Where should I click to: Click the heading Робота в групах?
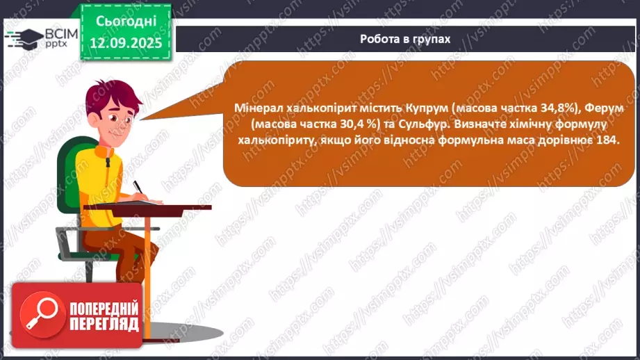pos(405,39)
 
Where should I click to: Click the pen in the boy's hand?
pos(138,188)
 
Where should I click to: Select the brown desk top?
pos(160,207)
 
